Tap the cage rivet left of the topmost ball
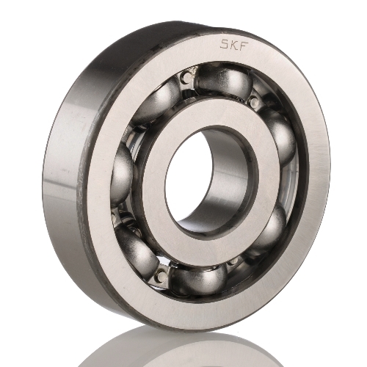point(188,76)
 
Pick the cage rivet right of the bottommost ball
point(233,262)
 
